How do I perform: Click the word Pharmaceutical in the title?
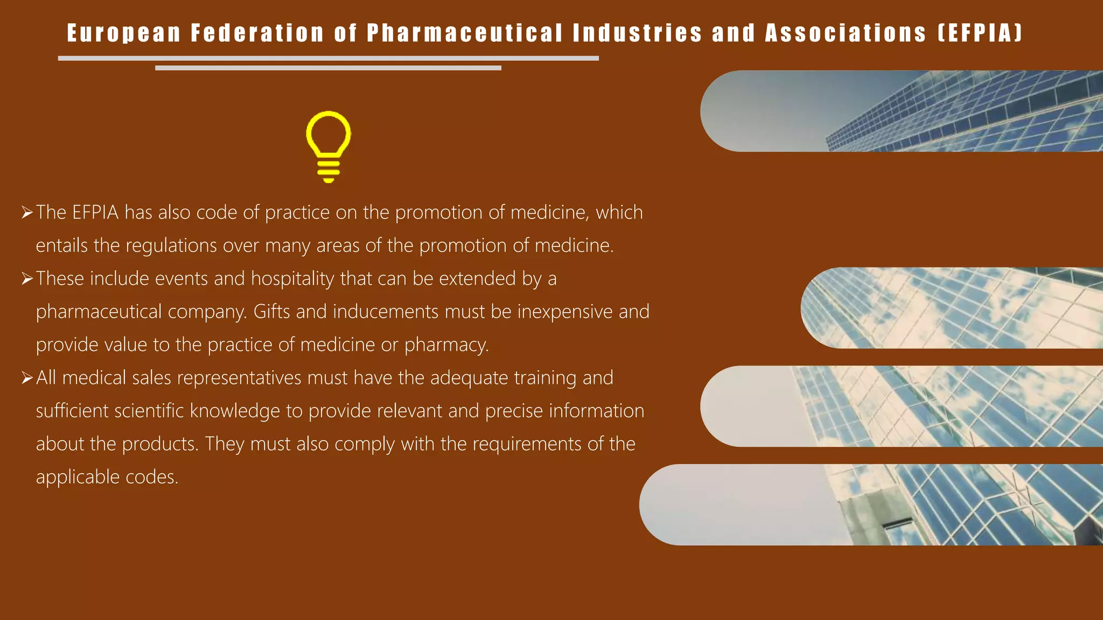465,33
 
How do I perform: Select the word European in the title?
124,33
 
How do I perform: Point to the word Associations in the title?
846,33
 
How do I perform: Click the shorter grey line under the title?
328,68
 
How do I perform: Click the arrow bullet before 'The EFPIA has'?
27,213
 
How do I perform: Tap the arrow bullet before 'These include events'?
27,279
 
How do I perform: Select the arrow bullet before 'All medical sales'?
27,378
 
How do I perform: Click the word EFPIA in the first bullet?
95,213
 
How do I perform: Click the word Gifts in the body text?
271,312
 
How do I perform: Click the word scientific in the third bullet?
149,411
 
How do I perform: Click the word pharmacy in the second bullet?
446,345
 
